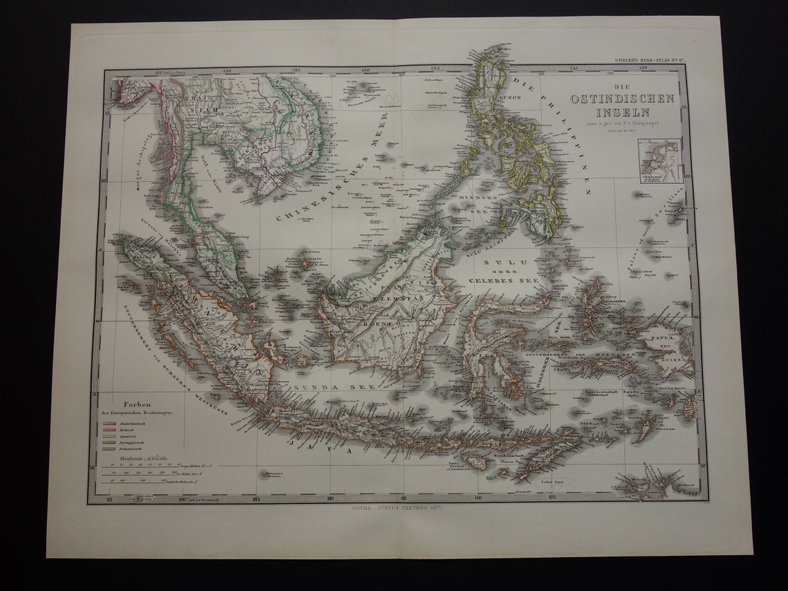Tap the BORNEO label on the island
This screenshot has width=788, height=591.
tap(378, 323)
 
